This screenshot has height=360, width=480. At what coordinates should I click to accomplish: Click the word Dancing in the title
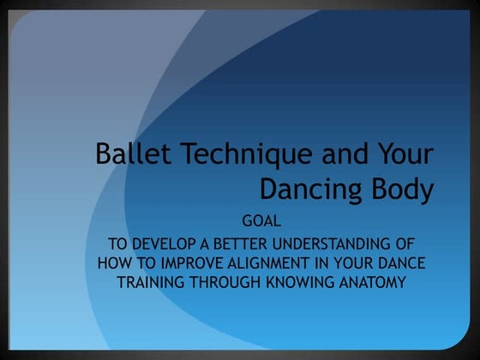click(x=311, y=189)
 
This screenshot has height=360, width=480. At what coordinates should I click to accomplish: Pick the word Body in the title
click(x=402, y=190)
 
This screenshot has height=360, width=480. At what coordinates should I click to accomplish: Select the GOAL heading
click(x=263, y=221)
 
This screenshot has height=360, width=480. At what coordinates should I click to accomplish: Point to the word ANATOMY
click(x=375, y=280)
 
